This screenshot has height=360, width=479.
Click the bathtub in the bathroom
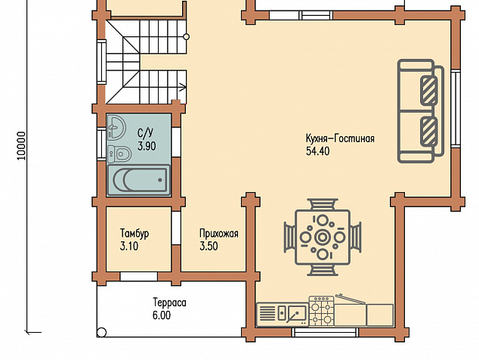tap(139, 180)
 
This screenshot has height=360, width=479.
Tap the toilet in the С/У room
tap(119, 154)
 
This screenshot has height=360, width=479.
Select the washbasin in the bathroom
tap(116, 126)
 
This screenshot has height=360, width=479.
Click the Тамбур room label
tap(134, 234)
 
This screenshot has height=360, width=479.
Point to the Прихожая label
tap(219, 234)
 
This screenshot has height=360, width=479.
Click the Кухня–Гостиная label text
tap(340, 138)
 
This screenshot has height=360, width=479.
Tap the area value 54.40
tap(318, 151)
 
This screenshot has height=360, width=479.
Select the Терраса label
tap(169, 303)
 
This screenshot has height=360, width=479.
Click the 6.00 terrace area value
tap(162, 315)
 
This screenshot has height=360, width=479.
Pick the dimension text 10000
tap(21, 146)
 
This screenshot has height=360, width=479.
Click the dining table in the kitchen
tap(323, 237)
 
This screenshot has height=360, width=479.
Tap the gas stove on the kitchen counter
tap(321, 310)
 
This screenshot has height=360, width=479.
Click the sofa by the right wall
tap(420, 110)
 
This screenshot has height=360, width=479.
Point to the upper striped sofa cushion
tap(428, 91)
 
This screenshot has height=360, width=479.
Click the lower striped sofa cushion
tap(428, 131)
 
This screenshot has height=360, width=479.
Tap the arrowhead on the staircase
tap(183, 87)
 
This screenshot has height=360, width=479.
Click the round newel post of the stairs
tap(186, 37)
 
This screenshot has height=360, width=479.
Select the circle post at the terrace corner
tap(102, 332)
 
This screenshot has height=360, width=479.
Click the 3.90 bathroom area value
tap(147, 146)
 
